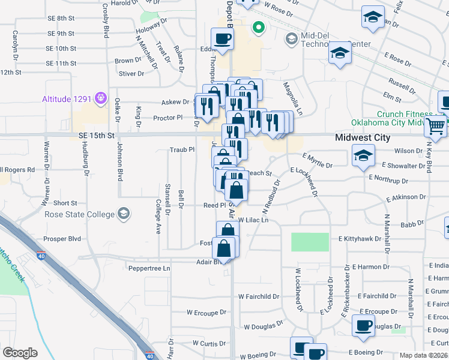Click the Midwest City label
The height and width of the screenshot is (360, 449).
pos(363,137)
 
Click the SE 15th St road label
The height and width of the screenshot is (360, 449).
pos(96,136)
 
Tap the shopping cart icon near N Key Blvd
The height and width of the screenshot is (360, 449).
pos(435,126)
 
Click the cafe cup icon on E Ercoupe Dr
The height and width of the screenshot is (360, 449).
pos(363,325)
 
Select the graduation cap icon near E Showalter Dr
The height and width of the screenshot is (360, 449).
pos(363,155)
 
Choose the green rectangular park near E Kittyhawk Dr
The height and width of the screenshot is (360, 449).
pos(310,242)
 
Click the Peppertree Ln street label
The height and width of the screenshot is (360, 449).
pos(149,268)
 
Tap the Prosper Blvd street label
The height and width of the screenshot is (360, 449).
pos(62,239)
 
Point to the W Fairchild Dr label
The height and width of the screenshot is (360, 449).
pos(259,296)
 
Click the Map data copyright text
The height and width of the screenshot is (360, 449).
pos(424,355)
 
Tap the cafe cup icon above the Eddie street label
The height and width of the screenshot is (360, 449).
pos(222,39)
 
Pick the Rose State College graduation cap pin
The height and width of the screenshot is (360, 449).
pos(123,213)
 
